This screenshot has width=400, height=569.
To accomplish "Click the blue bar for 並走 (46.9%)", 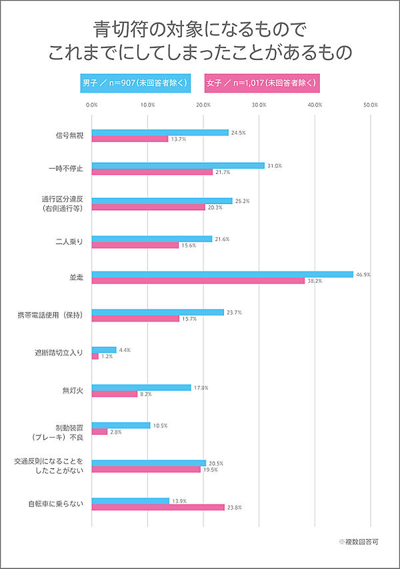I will [222, 274].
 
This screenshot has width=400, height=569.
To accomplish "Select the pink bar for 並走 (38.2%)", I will [198, 281].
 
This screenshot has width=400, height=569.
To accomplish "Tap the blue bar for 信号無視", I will [160, 133].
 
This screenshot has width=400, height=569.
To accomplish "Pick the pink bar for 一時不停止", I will [152, 172].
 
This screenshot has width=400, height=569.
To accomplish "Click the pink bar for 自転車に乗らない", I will [158, 507].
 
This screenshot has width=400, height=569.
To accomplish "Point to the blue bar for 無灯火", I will [141, 388].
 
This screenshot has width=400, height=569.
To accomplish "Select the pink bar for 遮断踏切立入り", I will [95, 356].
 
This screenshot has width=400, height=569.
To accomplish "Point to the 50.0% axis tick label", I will [371, 105].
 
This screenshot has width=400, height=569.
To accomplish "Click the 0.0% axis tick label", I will [92, 105].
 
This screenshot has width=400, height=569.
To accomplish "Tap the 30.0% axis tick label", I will [259, 105].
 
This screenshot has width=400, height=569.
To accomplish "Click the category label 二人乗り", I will [69, 241].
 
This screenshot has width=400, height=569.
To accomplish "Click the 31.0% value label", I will [273, 165].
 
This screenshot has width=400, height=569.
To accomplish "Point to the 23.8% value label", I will [234, 507].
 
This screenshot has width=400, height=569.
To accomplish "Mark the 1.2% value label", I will [107, 357].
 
